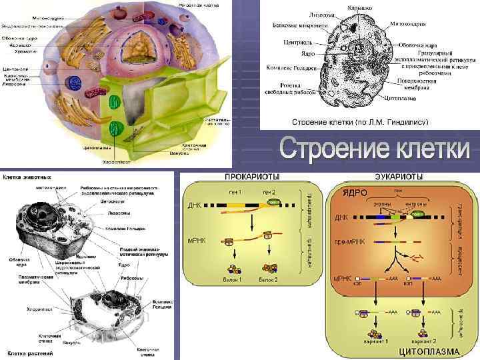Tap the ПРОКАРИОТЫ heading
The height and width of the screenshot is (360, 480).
tap(252, 176)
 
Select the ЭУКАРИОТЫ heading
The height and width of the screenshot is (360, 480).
tap(399, 176)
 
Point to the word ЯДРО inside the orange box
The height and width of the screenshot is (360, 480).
tap(355, 191)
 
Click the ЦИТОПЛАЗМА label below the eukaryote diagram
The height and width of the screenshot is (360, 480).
tap(429, 351)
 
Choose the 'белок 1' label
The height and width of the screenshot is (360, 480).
tap(232, 280)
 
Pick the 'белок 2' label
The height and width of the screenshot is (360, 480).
tap(268, 280)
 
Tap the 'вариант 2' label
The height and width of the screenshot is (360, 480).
tap(424, 341)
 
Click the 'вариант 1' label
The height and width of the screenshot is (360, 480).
tap(375, 341)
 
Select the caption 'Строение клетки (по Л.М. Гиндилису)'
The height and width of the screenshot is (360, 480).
tap(360, 123)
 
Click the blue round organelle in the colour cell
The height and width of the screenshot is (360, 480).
tap(72, 82)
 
